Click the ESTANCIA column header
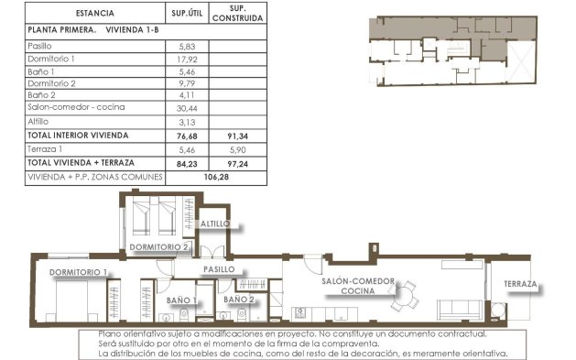coord(95,14)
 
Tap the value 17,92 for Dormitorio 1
coord(187,59)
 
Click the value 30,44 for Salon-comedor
coord(187,107)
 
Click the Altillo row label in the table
coord(38,120)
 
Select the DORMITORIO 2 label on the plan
coord(158,247)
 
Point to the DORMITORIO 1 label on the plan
coord(78,272)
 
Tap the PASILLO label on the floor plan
coord(219,269)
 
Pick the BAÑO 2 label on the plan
coord(238,299)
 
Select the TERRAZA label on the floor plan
coord(519,285)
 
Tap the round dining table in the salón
coord(402,297)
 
